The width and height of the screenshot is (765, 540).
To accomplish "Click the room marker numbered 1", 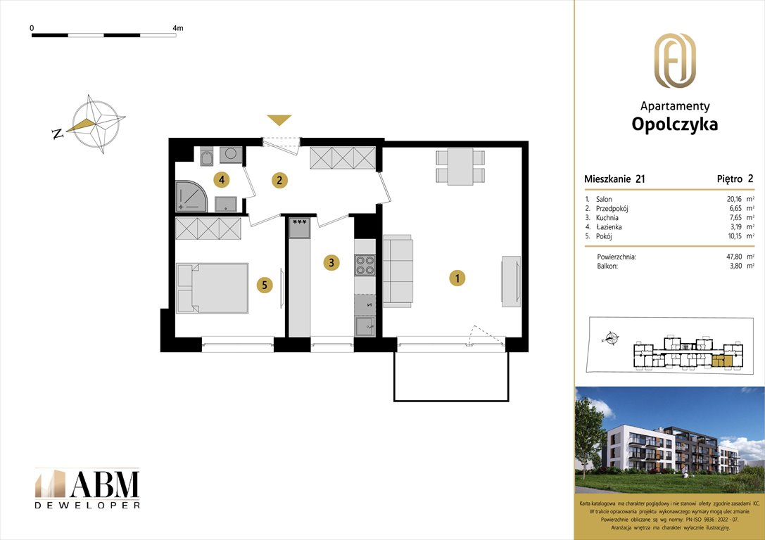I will [457, 279].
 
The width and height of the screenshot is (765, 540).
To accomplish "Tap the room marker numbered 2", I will [279, 180].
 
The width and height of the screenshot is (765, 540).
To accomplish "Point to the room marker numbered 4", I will [222, 180].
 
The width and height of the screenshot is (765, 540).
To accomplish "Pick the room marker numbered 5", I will [264, 285].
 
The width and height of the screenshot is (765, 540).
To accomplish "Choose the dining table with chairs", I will [460, 167].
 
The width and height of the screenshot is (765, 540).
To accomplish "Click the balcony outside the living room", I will [451, 375].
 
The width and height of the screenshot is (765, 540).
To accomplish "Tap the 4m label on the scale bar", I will [177, 28].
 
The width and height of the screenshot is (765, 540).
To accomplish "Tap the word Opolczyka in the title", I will [674, 124].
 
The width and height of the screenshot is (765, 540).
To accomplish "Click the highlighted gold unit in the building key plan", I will [720, 361].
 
